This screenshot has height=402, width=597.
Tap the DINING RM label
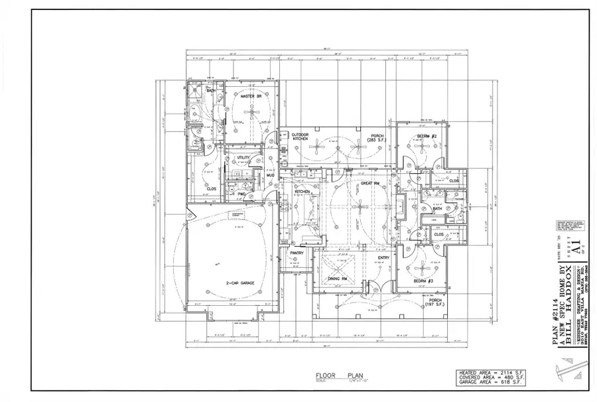pyautogui.click(x=338, y=279)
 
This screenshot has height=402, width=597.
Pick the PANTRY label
pyautogui.click(x=297, y=253)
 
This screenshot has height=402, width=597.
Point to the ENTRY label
pyautogui.click(x=384, y=258)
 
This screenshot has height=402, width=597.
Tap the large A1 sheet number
pyautogui.click(x=577, y=248)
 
